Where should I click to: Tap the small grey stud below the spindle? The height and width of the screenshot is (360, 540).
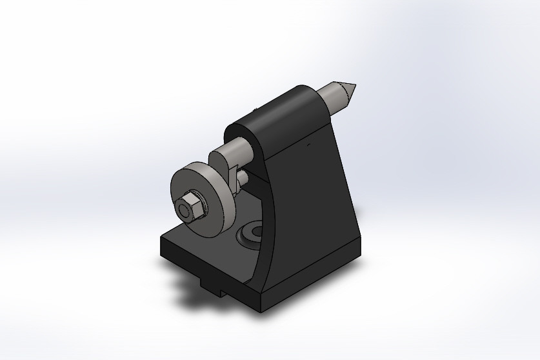pos(242,177)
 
